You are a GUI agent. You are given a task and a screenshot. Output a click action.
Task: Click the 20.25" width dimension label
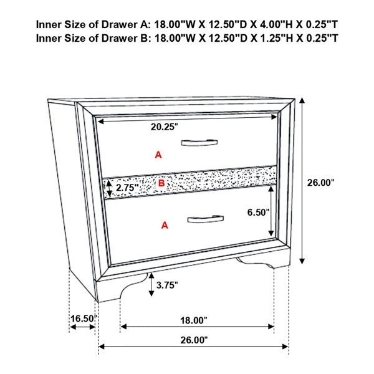pyautogui.click(x=165, y=127)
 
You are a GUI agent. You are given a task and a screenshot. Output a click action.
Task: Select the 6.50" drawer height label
pyautogui.click(x=258, y=212)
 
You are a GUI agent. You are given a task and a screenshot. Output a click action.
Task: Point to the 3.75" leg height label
pyautogui.click(x=167, y=285)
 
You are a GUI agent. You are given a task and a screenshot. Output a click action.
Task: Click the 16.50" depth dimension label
pyautogui.click(x=84, y=319)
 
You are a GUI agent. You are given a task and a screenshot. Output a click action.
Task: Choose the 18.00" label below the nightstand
pyautogui.click(x=194, y=320)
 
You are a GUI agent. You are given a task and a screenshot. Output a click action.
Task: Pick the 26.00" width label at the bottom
pyautogui.click(x=194, y=340)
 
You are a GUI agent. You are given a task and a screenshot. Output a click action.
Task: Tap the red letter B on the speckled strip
pyautogui.click(x=161, y=183)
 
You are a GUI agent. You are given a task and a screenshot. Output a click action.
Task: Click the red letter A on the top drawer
pyautogui.click(x=158, y=155)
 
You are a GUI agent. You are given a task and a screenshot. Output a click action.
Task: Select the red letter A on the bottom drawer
pyautogui.click(x=165, y=225)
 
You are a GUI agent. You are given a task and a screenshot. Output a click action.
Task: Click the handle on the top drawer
pyautogui.click(x=199, y=143)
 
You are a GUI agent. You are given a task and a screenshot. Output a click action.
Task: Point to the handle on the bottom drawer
pyautogui.click(x=205, y=219)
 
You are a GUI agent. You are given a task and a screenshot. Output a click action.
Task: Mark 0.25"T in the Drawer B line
pyautogui.click(x=322, y=38)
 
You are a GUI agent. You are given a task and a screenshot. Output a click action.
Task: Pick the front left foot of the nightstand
pyautogui.click(x=108, y=290)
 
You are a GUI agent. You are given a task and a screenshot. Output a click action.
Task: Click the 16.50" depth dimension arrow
pyautogui.click(x=82, y=327)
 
